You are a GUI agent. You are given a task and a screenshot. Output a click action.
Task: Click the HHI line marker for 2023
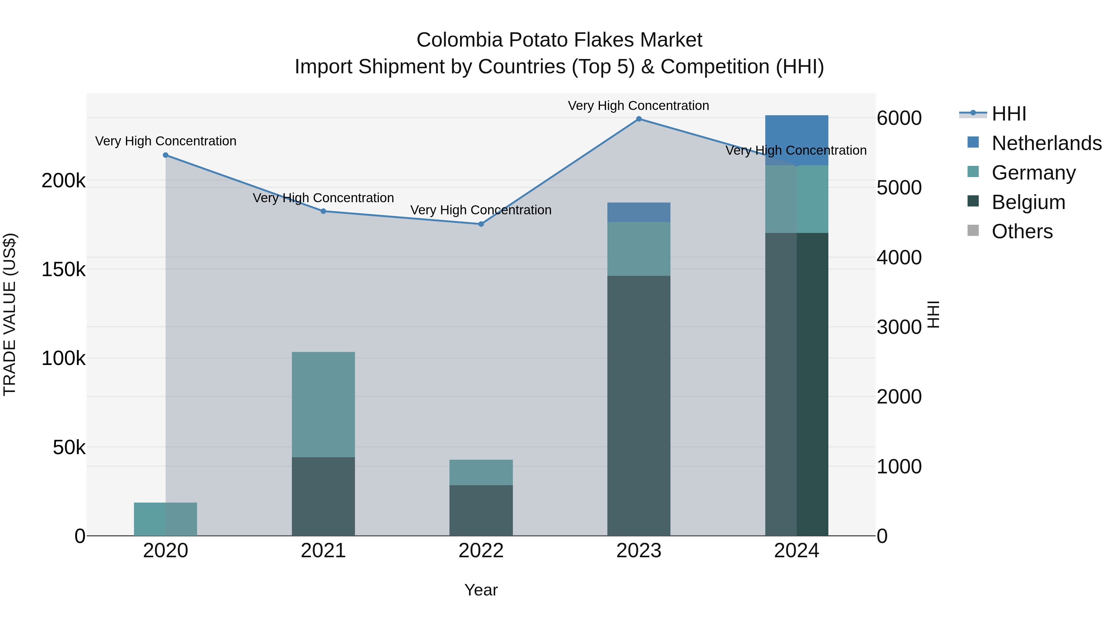pos(638,119)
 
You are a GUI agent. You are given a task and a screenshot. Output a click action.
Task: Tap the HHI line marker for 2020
pos(165,155)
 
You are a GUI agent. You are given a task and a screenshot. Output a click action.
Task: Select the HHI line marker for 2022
pos(481,224)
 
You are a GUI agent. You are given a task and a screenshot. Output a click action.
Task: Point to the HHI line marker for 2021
pos(323,212)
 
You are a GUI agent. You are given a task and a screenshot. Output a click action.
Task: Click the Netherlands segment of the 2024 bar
pos(796,140)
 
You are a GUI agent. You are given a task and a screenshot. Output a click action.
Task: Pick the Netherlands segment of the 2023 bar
pos(638,212)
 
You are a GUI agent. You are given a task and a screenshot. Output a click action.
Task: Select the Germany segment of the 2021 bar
pos(323,404)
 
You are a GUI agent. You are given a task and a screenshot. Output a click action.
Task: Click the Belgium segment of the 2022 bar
pos(481,510)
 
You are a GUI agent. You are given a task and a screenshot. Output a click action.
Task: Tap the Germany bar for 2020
pos(165,519)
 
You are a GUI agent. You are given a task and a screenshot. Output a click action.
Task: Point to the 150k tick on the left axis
pos(63,270)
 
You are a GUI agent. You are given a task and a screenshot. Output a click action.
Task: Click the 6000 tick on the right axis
pos(899,118)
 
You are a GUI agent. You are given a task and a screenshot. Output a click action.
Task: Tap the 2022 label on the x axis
pos(481,551)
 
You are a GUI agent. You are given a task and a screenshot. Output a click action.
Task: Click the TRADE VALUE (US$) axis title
pos(10,314)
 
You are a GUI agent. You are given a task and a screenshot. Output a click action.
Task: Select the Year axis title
pos(481,590)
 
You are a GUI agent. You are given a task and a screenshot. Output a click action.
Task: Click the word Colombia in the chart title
pos(460,40)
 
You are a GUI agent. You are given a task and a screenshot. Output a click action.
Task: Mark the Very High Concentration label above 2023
pos(638,106)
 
